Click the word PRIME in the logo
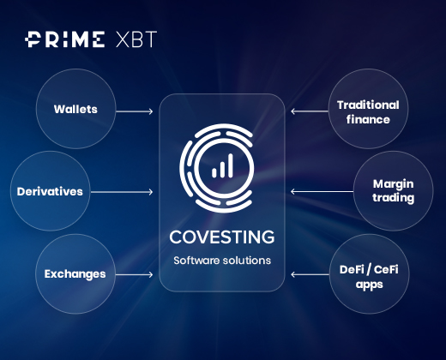(x=64, y=39)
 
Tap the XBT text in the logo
(x=136, y=39)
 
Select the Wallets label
(x=75, y=109)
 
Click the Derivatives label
(x=50, y=191)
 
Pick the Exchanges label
(x=75, y=274)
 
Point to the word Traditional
(x=368, y=105)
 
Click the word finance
(x=368, y=119)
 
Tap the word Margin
(x=394, y=184)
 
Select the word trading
(x=394, y=198)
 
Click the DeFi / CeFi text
(x=369, y=269)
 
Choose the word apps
(x=370, y=285)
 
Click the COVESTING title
(x=222, y=237)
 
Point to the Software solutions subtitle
(x=222, y=261)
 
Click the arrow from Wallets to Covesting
(x=135, y=111)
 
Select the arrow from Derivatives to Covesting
(x=122, y=192)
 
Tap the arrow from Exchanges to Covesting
(x=134, y=275)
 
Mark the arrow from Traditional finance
(x=310, y=111)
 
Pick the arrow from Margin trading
(x=322, y=192)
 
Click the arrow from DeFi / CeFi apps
(x=310, y=275)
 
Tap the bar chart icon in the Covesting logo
(x=222, y=165)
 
